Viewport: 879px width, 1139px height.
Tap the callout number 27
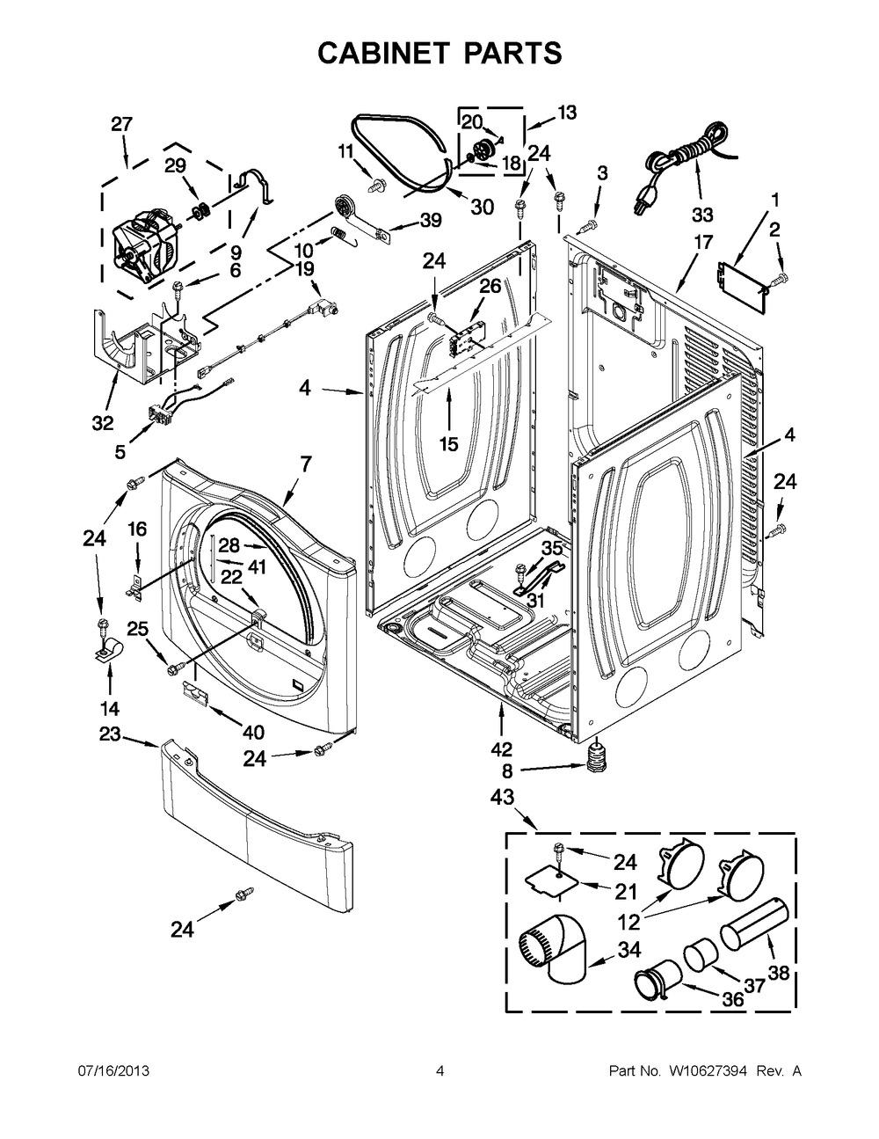click(x=121, y=124)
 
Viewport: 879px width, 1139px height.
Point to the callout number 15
click(x=449, y=444)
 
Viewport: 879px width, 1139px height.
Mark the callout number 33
click(x=702, y=215)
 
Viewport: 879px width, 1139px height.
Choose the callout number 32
click(x=103, y=423)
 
